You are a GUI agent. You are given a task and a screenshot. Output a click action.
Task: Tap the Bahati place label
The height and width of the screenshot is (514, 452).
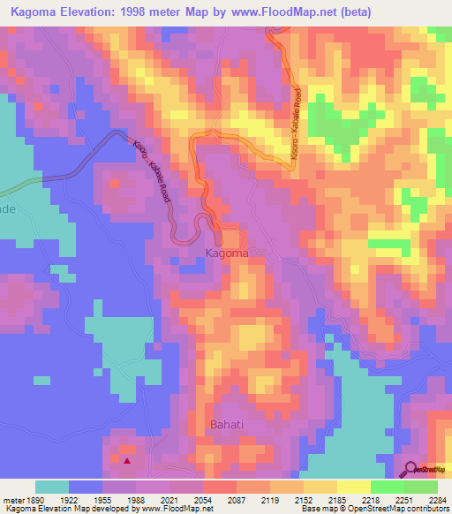(x=229, y=425)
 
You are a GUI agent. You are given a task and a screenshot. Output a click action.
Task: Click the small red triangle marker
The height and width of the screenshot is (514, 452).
(x=128, y=460)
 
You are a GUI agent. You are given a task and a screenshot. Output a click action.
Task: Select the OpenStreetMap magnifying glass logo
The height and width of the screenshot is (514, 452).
(x=411, y=470)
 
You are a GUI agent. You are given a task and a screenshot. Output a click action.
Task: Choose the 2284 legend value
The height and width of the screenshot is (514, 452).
(x=438, y=500)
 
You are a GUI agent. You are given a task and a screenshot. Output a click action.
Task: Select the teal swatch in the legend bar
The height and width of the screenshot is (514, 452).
(x=52, y=487)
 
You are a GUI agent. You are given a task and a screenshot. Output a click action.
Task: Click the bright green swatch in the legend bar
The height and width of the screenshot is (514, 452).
(x=388, y=487)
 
